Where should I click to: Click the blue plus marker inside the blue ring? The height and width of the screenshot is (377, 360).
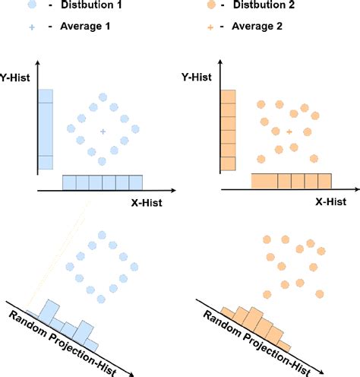(x=103, y=131)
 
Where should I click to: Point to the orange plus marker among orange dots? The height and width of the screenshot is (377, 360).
(x=289, y=132)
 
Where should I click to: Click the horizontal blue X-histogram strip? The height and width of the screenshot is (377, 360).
(x=102, y=182)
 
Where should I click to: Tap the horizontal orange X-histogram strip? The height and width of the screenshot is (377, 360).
(x=292, y=181)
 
